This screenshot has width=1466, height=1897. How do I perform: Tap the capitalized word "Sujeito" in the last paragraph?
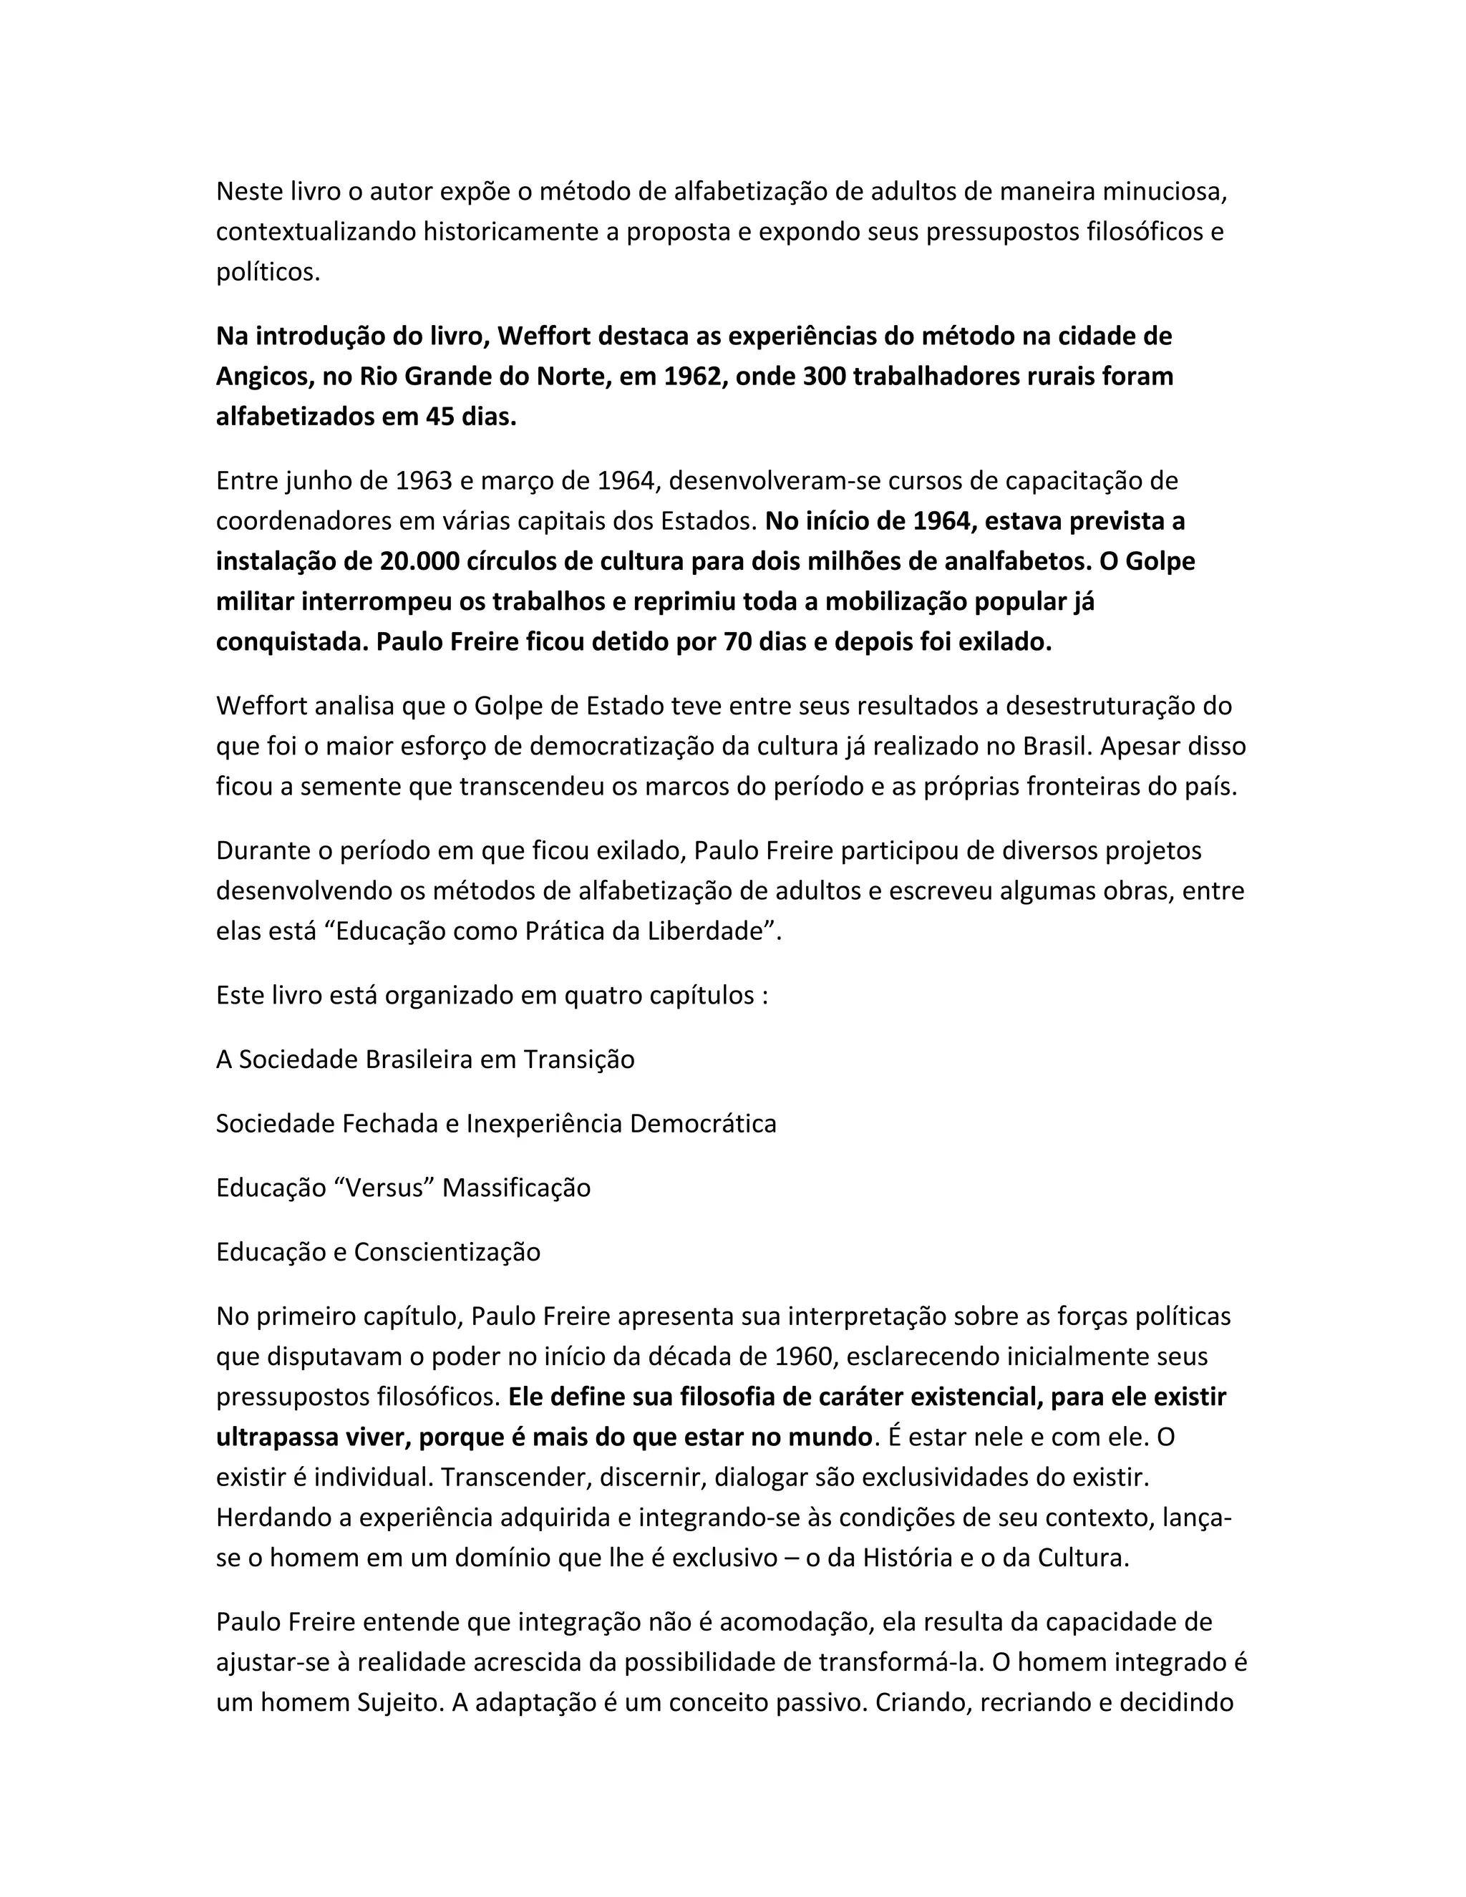click(399, 1703)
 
